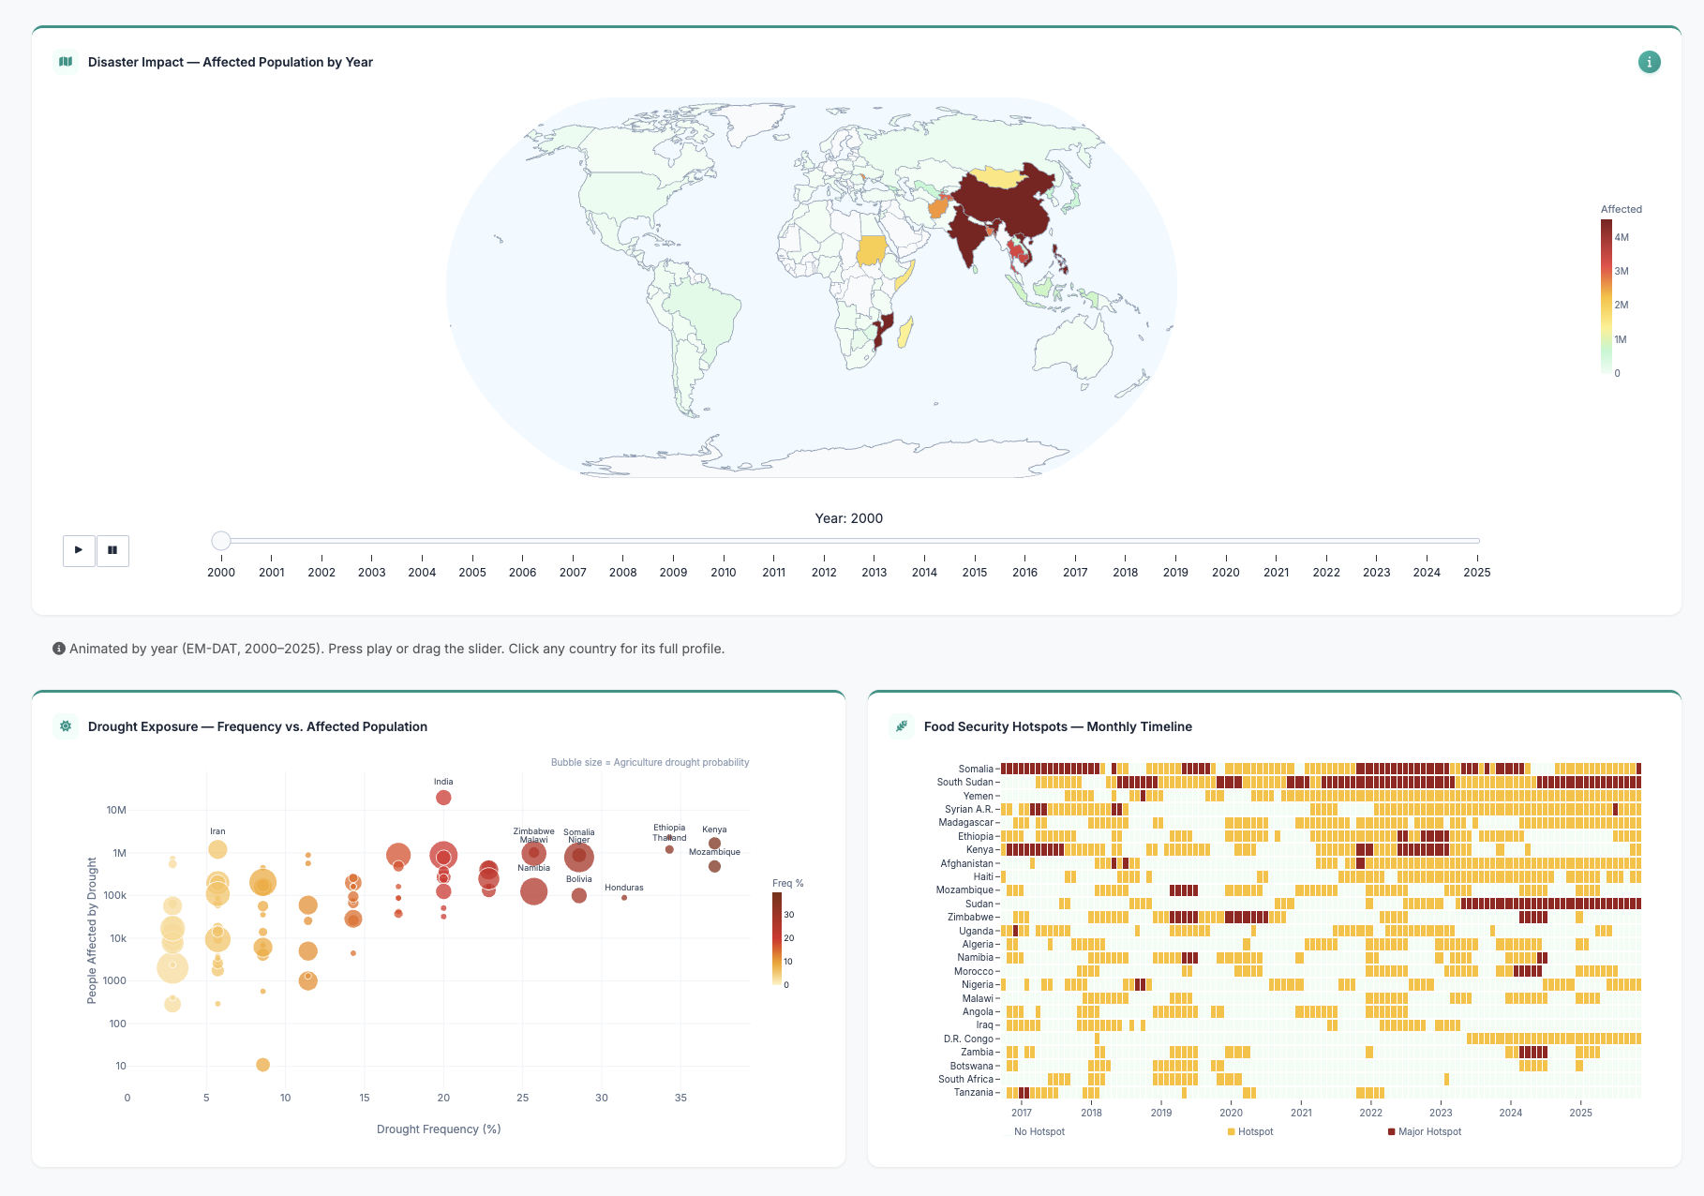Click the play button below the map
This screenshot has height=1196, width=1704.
pos(79,550)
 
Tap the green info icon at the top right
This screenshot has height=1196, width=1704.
pos(1649,62)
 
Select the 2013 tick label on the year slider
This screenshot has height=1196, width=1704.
pos(874,572)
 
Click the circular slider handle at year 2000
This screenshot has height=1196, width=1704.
pos(221,541)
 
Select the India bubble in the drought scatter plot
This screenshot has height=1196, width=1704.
pos(443,798)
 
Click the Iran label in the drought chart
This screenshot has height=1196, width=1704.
pos(217,831)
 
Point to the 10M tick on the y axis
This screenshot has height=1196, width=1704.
pos(116,810)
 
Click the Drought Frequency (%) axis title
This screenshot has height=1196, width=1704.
pos(439,1129)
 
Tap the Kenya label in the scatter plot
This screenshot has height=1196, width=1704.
pos(714,830)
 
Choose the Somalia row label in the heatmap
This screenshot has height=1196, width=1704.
pos(975,769)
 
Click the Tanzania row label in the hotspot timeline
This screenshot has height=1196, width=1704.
pos(972,1092)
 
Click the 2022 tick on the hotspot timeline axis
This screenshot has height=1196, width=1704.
pos(1370,1113)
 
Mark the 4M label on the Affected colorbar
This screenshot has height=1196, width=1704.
pos(1622,237)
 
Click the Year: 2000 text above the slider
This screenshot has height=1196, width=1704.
pos(848,518)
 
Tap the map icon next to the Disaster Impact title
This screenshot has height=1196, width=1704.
pos(66,62)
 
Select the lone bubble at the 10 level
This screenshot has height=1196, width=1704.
pos(262,1065)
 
